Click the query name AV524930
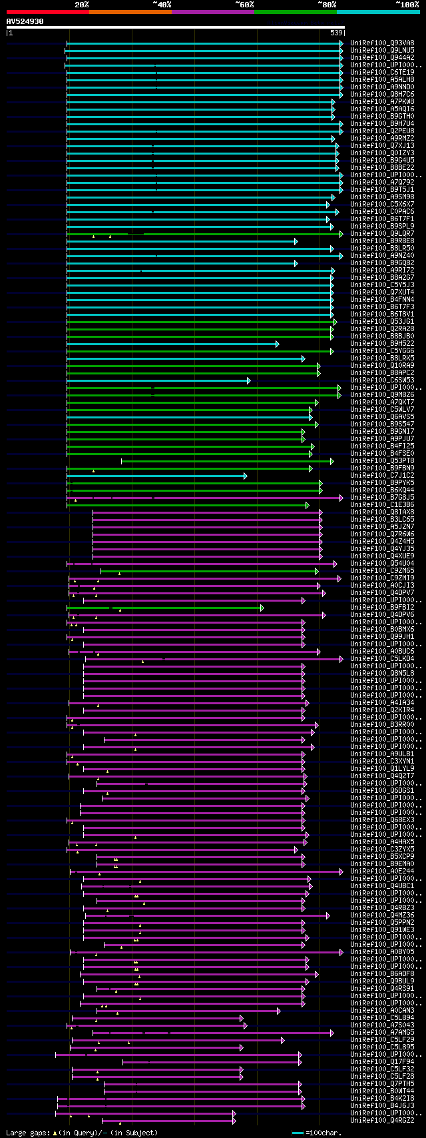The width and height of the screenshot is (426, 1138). [25, 21]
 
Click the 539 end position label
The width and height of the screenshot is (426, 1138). [336, 33]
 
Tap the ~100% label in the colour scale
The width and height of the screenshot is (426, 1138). [407, 4]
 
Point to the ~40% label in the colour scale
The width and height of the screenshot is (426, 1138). [162, 4]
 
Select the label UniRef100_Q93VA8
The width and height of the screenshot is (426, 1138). [382, 43]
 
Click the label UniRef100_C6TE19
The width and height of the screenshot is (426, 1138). [382, 72]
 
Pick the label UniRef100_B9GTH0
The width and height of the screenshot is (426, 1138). [382, 116]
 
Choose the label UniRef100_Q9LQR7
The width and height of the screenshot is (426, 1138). [382, 233]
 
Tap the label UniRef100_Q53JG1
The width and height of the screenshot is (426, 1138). [382, 321]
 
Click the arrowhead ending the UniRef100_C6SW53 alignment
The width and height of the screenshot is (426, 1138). [248, 380]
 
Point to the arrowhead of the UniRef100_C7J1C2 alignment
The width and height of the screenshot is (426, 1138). [245, 476]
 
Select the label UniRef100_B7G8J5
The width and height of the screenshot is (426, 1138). [382, 497]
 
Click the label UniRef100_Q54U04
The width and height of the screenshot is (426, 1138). [382, 563]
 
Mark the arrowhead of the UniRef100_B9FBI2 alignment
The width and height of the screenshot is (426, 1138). [262, 607]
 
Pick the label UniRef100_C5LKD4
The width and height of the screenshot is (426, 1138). [382, 658]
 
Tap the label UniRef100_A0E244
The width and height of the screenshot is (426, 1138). [382, 871]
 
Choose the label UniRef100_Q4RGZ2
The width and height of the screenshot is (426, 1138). [382, 1120]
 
